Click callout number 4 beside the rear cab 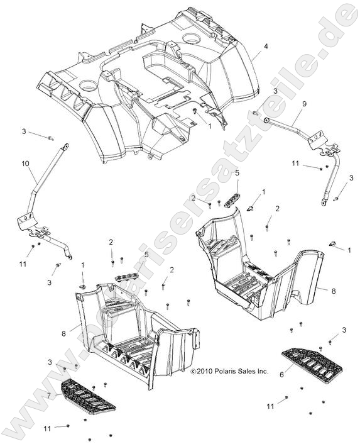pyautogui.click(x=266, y=47)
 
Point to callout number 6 pyautogui.click(x=281, y=374)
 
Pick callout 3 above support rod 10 pyautogui.click(x=24, y=131)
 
